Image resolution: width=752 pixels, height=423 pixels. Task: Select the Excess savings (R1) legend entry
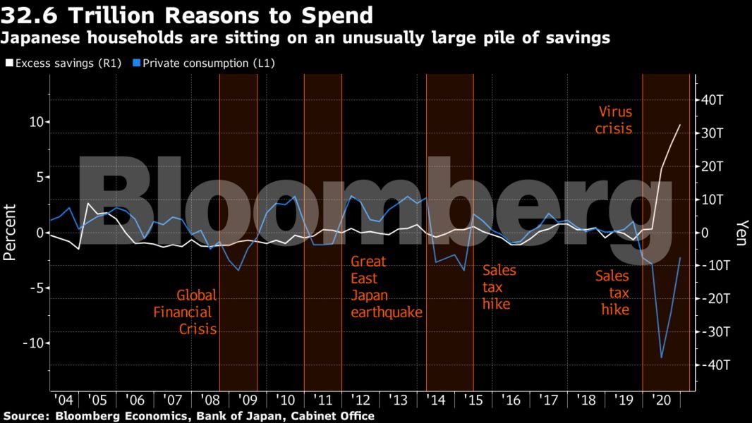pyautogui.click(x=64, y=63)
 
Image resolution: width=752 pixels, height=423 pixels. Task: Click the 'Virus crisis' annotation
pyautogui.click(x=614, y=120)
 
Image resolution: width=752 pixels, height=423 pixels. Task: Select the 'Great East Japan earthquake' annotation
pyautogui.click(x=386, y=286)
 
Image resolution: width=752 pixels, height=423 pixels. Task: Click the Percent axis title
pyautogui.click(x=10, y=233)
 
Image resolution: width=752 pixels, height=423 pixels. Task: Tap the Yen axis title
pyautogui.click(x=741, y=233)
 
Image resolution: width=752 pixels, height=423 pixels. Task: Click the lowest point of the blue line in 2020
pyautogui.click(x=662, y=357)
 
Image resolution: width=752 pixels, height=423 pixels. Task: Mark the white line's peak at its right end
pyautogui.click(x=680, y=125)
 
